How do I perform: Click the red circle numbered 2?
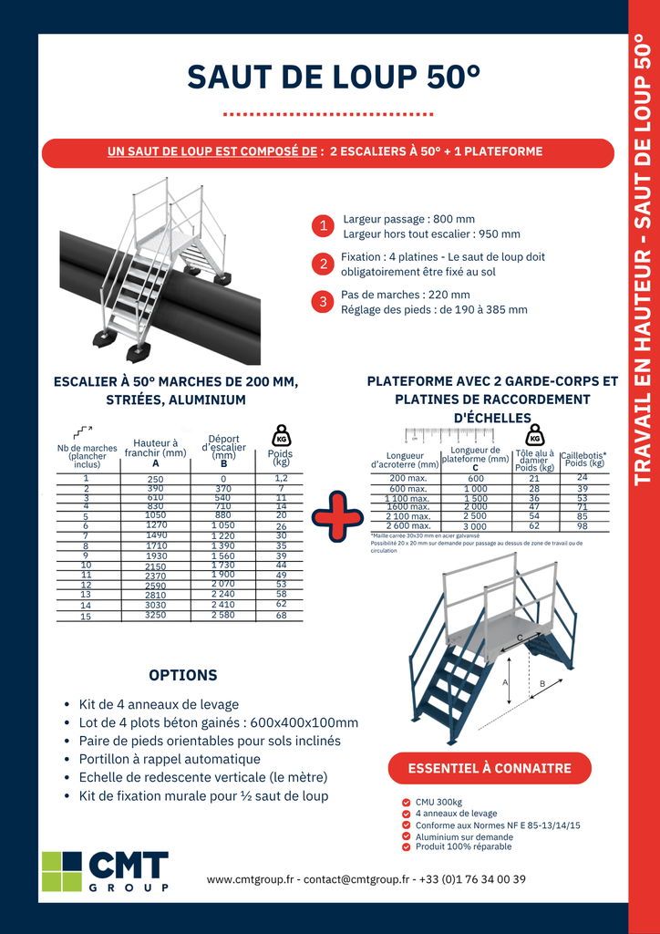click(323, 265)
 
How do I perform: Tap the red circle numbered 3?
click(323, 301)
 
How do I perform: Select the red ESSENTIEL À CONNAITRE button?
click(490, 768)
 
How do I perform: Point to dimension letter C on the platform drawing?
click(520, 638)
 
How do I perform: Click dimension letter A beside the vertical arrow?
click(504, 681)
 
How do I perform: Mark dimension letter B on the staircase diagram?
click(542, 683)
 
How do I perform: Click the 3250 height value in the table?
click(155, 616)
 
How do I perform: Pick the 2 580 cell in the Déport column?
click(223, 616)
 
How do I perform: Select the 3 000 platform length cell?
click(476, 526)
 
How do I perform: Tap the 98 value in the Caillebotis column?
click(583, 526)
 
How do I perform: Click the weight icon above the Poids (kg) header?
click(281, 435)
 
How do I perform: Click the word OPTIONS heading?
click(183, 675)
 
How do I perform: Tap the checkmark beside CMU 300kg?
click(406, 803)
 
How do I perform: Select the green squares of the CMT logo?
click(62, 871)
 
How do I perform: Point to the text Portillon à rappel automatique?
click(170, 759)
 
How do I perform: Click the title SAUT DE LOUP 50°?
click(334, 78)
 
